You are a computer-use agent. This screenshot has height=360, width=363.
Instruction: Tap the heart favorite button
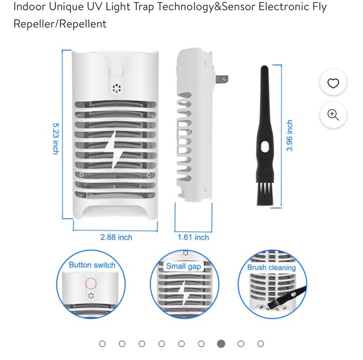tap(333, 83)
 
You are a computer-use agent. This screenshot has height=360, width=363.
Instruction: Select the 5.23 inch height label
tap(55, 138)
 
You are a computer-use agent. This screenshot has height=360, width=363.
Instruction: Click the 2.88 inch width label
tap(116, 237)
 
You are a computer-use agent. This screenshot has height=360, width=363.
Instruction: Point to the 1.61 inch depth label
tap(193, 237)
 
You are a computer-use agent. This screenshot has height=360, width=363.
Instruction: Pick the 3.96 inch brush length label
tap(289, 136)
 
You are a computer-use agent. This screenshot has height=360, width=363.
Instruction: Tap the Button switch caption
tap(92, 265)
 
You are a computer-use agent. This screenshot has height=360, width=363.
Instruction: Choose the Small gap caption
tap(183, 266)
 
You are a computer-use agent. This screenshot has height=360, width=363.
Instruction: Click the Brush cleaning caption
tap(272, 268)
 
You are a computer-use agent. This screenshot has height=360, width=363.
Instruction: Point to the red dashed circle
tap(91, 283)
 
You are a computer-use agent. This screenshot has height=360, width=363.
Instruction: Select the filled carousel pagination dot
tap(221, 344)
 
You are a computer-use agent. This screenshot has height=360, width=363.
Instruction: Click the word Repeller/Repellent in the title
tap(60, 24)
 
